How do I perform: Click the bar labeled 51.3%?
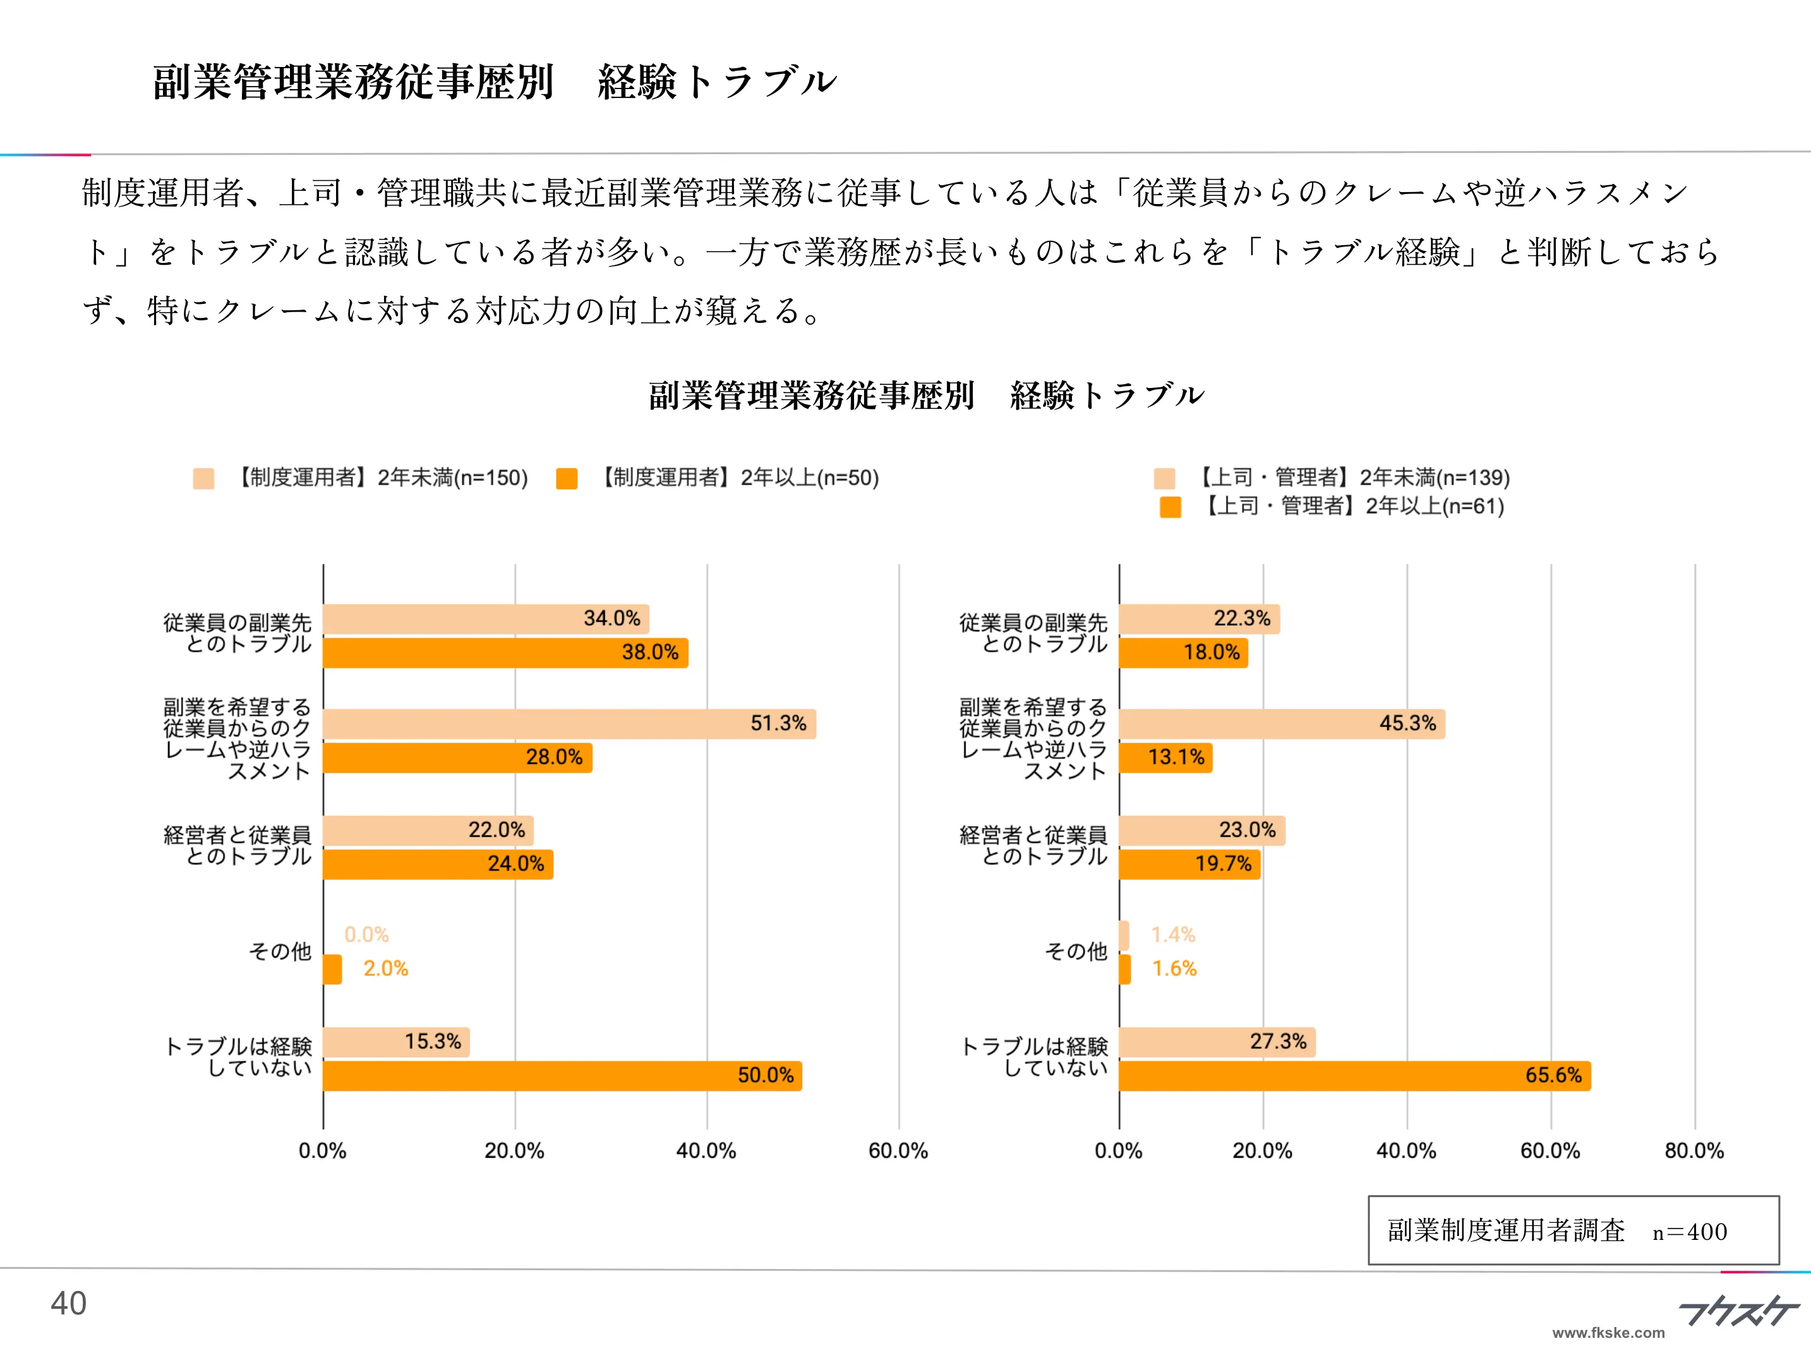pyautogui.click(x=569, y=724)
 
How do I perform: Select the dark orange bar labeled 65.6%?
pyautogui.click(x=1354, y=1076)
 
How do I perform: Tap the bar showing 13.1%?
pyautogui.click(x=1165, y=758)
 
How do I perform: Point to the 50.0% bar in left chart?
pyautogui.click(x=562, y=1076)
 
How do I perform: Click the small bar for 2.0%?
pyautogui.click(x=332, y=969)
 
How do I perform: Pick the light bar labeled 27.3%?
pyautogui.click(x=1217, y=1042)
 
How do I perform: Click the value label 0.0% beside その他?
pyautogui.click(x=366, y=935)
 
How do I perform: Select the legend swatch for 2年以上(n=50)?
pyautogui.click(x=567, y=478)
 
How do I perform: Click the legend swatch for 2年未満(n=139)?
pyautogui.click(x=1164, y=478)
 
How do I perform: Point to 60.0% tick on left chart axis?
pyautogui.click(x=898, y=1151)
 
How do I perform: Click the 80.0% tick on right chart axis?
pyautogui.click(x=1694, y=1151)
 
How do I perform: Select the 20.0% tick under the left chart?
pyautogui.click(x=514, y=1151)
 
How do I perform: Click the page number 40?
pyautogui.click(x=68, y=1304)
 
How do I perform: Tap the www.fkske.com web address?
pyautogui.click(x=1608, y=1333)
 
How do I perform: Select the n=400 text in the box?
pyautogui.click(x=1689, y=1232)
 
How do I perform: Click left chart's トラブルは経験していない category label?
pyautogui.click(x=238, y=1057)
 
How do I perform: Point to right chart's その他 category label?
pyautogui.click(x=1075, y=952)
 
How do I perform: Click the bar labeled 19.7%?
pyautogui.click(x=1189, y=864)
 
